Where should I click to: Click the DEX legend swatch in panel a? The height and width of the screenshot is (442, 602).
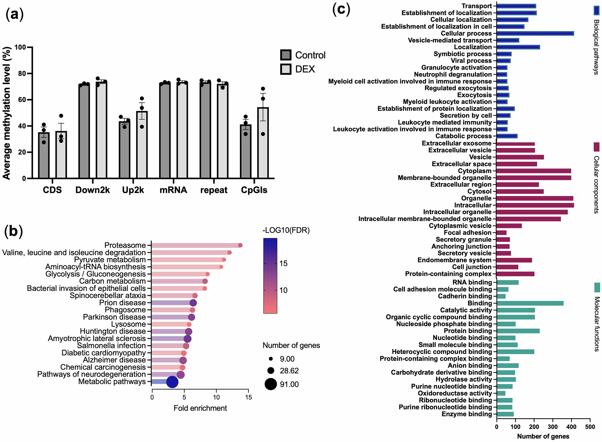(286, 69)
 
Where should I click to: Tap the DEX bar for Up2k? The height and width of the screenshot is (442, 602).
(142, 144)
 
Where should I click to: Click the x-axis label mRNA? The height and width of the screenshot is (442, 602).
(173, 190)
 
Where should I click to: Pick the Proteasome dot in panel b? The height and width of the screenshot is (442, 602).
(240, 245)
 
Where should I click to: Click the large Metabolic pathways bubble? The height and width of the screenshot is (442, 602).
(172, 382)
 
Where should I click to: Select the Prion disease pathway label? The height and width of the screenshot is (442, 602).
(123, 303)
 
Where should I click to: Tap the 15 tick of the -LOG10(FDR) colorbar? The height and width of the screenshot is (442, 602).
(283, 264)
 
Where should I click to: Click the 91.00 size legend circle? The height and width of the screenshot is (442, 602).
(271, 384)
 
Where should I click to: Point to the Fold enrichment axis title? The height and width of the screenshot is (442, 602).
(200, 408)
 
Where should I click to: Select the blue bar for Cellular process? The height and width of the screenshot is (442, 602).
(535, 33)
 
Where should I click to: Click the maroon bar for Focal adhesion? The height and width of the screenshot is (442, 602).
(501, 233)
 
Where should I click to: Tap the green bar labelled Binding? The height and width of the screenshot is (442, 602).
(530, 303)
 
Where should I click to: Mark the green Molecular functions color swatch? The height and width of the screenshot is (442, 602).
(597, 287)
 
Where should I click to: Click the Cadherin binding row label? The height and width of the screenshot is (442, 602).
(465, 296)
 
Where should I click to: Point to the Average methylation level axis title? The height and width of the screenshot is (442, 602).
(7, 113)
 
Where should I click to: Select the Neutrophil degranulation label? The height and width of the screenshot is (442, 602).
(453, 74)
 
